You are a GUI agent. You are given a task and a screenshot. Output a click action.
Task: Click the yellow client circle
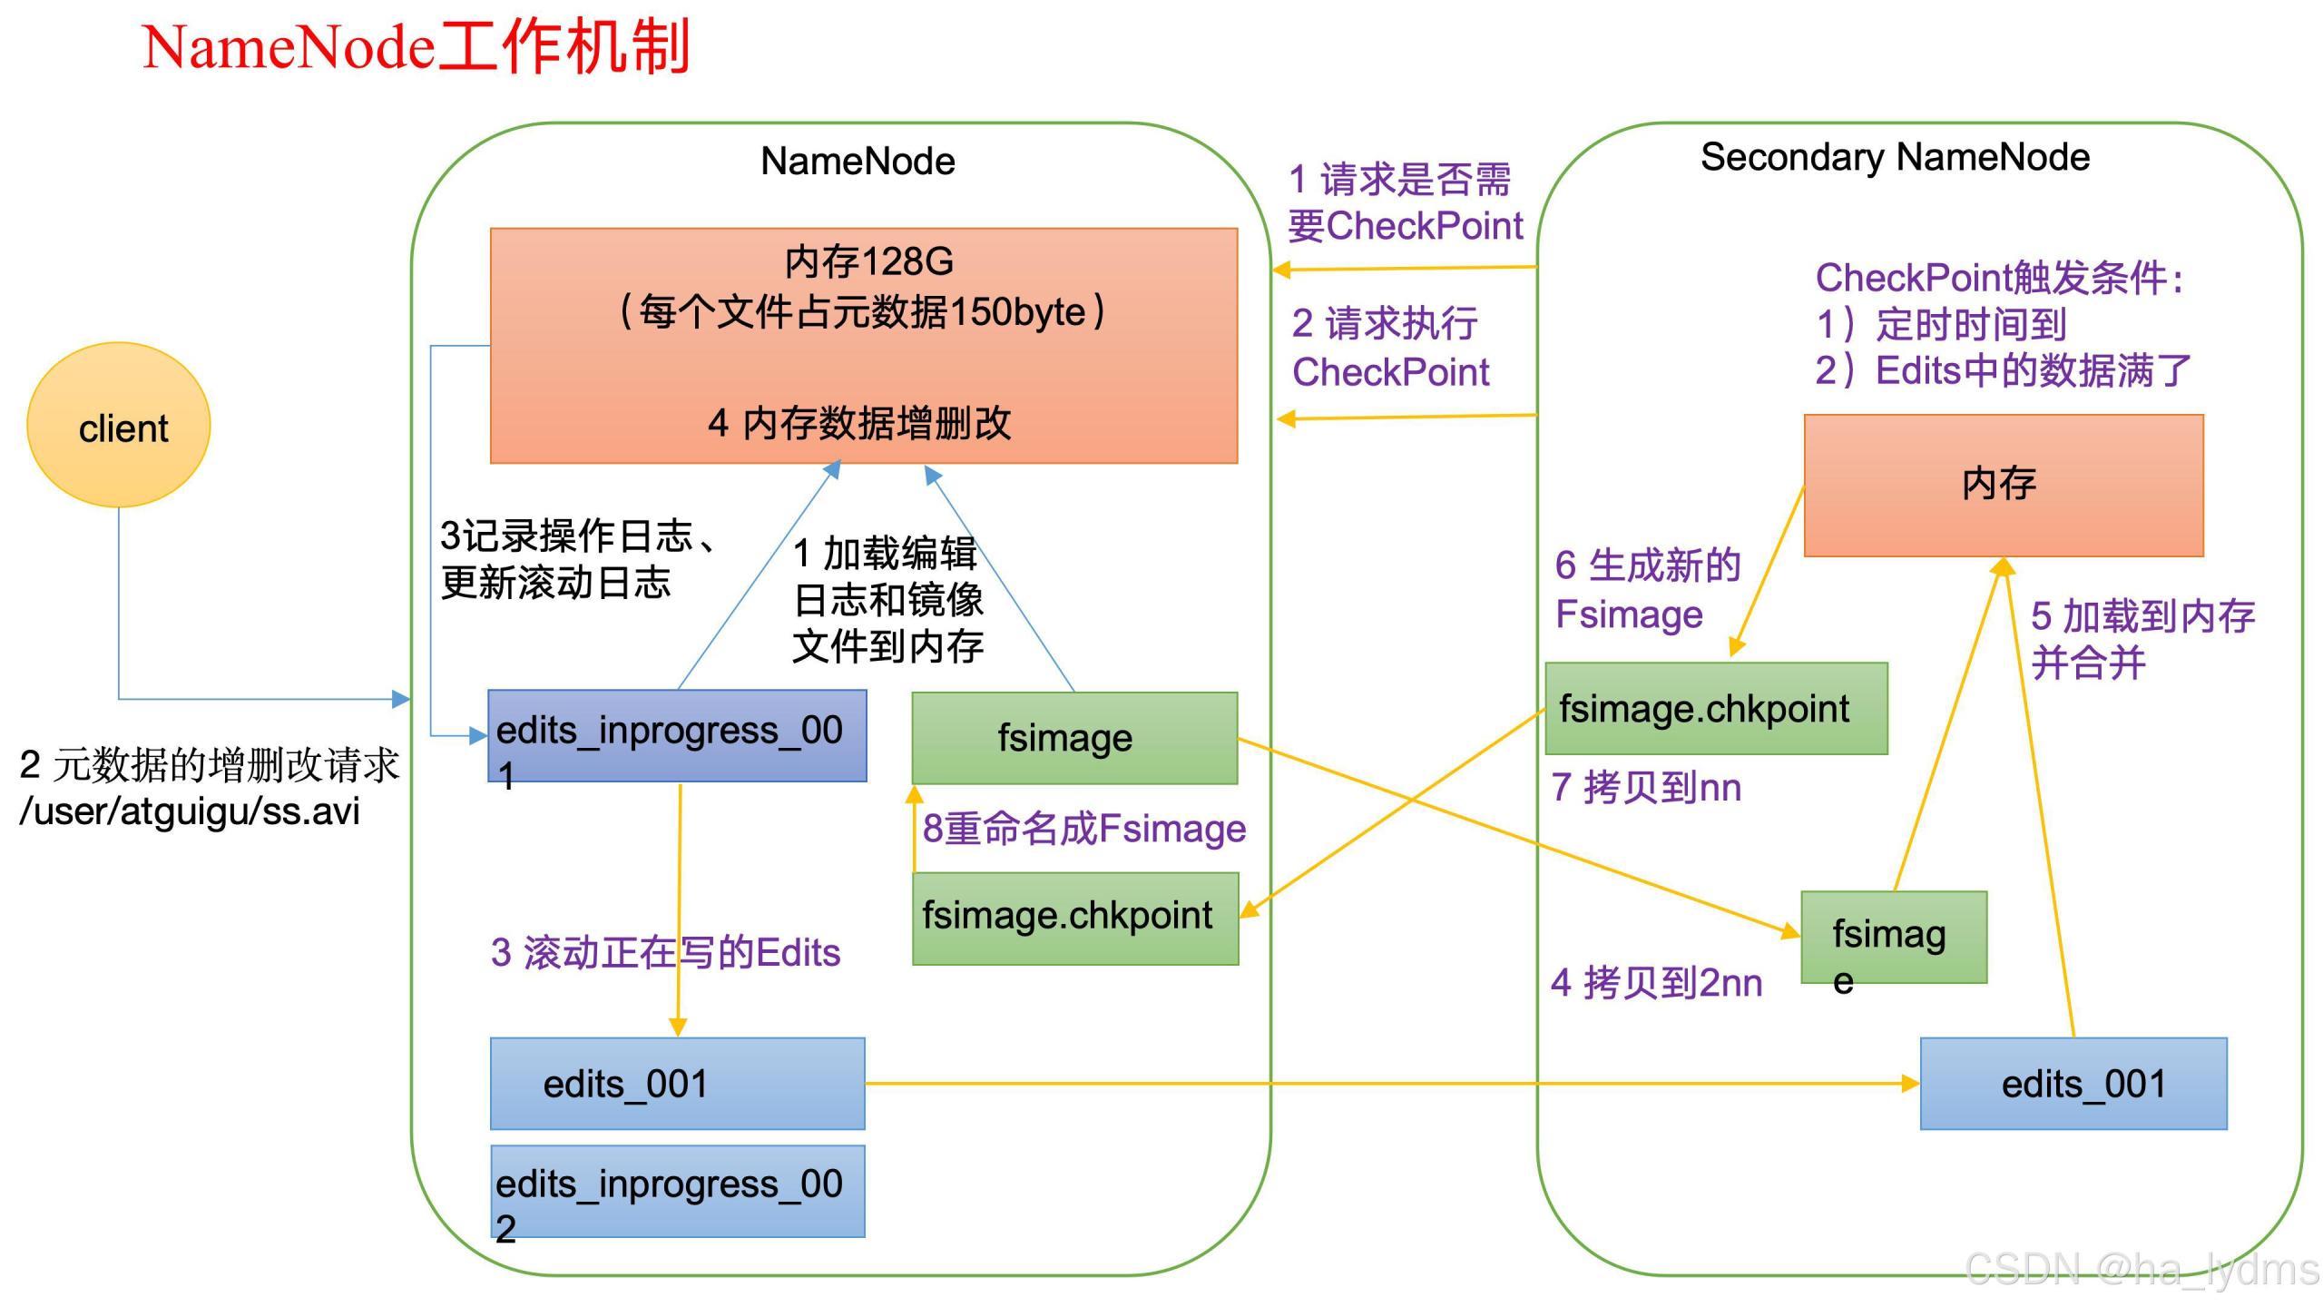click(119, 425)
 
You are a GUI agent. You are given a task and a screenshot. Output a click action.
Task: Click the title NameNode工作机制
click(417, 47)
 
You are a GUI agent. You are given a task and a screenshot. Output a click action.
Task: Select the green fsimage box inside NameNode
click(1074, 738)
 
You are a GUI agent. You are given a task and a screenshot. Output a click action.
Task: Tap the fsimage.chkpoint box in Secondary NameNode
click(1716, 709)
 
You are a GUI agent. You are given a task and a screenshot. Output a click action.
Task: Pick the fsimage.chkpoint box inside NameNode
click(1075, 919)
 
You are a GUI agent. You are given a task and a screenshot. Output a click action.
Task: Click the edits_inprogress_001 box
click(677, 736)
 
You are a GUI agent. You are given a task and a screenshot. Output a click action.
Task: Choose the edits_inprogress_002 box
click(677, 1191)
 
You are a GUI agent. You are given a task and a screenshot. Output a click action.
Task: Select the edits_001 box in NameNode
click(677, 1084)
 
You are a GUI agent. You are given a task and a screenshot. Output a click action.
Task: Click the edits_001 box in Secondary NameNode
click(2073, 1084)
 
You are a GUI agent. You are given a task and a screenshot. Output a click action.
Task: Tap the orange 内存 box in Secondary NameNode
click(2003, 486)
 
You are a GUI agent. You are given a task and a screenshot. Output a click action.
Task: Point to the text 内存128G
click(868, 261)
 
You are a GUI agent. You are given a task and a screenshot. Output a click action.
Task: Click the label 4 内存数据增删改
click(859, 423)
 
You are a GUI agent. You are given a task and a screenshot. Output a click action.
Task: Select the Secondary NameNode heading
click(1895, 157)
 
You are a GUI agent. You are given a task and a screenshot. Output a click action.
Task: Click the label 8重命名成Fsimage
click(1084, 829)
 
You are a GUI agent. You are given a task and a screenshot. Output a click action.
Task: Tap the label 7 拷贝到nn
click(1646, 787)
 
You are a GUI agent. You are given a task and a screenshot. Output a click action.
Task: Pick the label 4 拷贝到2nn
click(1656, 983)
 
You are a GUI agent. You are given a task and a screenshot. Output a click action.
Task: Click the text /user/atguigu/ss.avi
click(190, 811)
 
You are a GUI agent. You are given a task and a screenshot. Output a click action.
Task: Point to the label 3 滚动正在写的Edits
click(665, 953)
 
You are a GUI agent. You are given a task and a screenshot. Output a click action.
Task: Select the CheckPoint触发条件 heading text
click(1998, 278)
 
